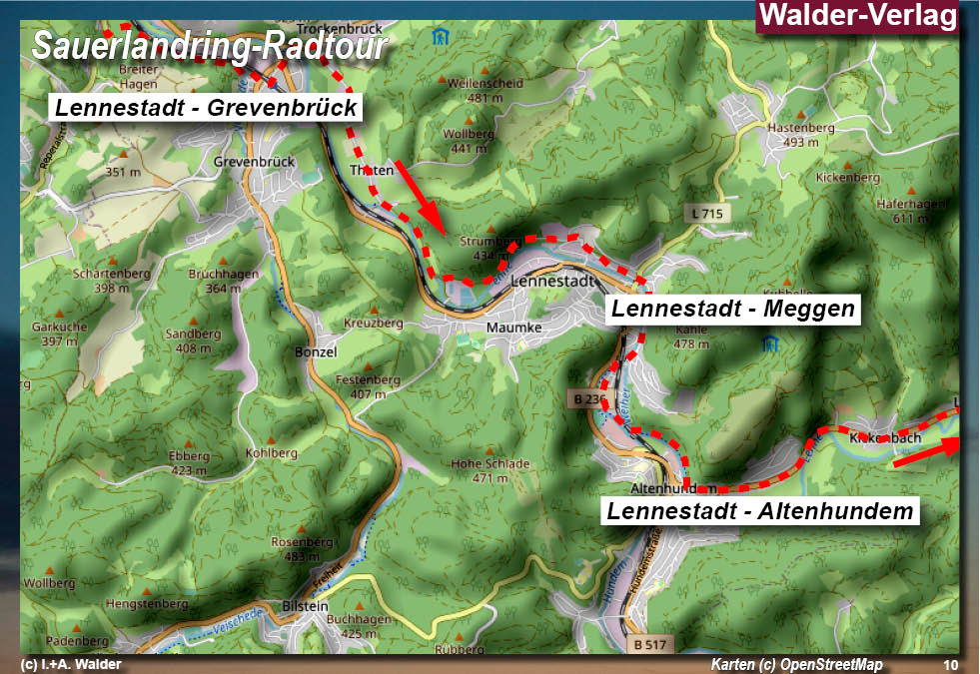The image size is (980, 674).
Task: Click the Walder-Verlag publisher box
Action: [858, 16]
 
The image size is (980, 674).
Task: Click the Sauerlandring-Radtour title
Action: [209, 46]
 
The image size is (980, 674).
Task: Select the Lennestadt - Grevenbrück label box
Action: [206, 108]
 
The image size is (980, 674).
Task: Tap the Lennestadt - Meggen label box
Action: [733, 310]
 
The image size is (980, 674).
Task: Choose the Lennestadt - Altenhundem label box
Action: [760, 512]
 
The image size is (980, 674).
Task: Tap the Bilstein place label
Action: [305, 606]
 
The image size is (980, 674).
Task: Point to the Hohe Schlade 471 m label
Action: [490, 470]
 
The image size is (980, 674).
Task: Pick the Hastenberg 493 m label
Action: [795, 135]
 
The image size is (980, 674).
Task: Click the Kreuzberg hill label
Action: [373, 324]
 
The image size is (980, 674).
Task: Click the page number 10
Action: [949, 665]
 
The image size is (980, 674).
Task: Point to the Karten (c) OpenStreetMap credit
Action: [796, 665]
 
